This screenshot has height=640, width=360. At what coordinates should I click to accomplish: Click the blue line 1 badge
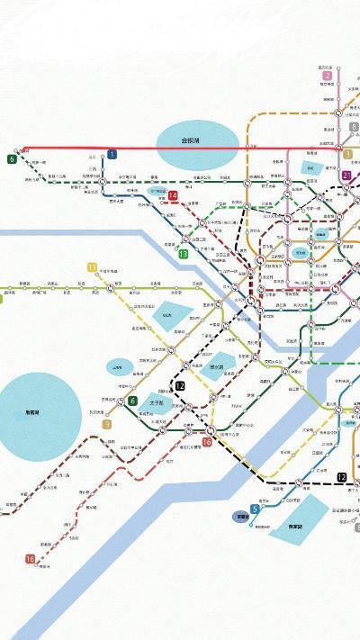tap(112, 155)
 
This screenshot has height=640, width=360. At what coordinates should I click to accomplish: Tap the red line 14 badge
tap(173, 195)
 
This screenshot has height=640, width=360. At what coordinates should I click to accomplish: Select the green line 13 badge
tap(183, 254)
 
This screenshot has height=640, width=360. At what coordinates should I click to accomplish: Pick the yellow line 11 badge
tap(92, 267)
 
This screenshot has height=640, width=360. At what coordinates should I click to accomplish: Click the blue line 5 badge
tap(256, 509)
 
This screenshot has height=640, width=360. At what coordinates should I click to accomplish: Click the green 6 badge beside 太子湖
tap(132, 401)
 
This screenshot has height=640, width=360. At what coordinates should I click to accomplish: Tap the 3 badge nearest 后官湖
tap(107, 424)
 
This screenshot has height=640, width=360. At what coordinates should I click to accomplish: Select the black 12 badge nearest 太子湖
tap(180, 385)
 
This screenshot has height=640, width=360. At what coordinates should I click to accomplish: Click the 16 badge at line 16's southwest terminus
tap(30, 560)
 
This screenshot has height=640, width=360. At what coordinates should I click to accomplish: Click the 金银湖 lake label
tap(190, 140)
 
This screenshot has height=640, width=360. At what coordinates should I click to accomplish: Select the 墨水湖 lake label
tap(217, 367)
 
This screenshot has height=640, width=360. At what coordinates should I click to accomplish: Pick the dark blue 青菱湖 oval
tap(242, 518)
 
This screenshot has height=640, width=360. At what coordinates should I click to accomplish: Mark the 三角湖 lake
tap(118, 365)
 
